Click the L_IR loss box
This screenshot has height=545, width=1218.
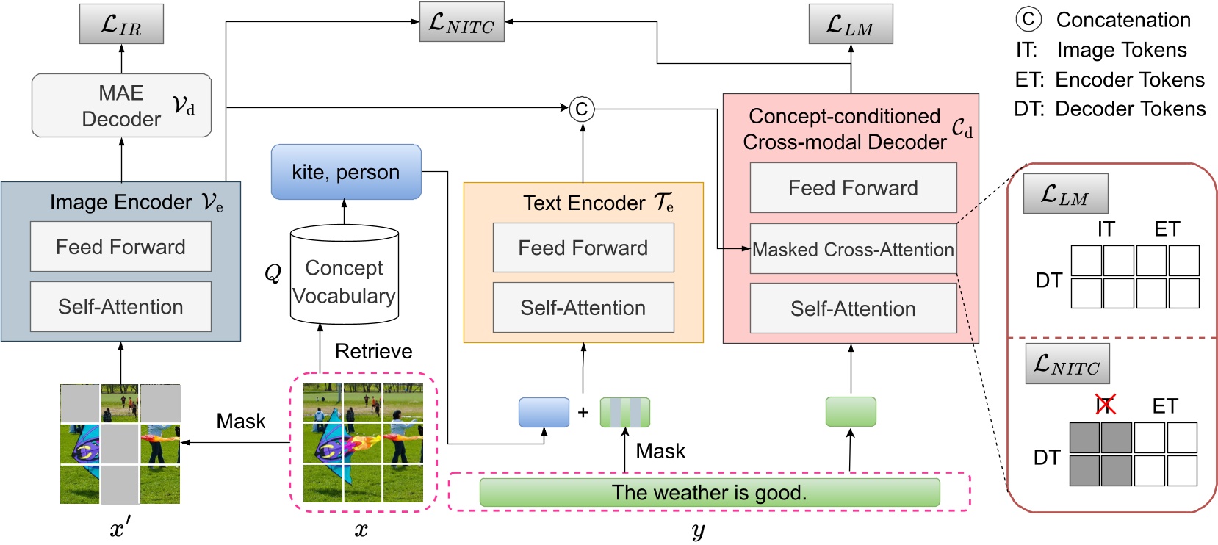121,24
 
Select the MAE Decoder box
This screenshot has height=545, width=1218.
121,105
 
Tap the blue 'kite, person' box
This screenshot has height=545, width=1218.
346,172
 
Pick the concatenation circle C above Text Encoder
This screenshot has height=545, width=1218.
581,109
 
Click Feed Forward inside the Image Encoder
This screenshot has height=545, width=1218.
120,247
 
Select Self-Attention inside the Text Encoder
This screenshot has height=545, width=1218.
583,308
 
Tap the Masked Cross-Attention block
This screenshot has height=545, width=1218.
853,250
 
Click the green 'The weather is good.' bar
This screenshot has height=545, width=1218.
709,492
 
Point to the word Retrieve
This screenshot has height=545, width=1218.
373,351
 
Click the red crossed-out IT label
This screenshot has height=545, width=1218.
1105,405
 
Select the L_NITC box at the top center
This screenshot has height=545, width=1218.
461,22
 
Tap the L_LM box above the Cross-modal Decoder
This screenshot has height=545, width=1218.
850,24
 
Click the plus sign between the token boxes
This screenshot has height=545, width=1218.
583,412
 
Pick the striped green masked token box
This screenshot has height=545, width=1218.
625,412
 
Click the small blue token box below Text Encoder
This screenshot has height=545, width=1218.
544,412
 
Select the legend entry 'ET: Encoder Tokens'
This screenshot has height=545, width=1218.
1109,79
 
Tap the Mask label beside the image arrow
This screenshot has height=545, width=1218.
240,421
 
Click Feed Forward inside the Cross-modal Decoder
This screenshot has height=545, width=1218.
853,188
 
